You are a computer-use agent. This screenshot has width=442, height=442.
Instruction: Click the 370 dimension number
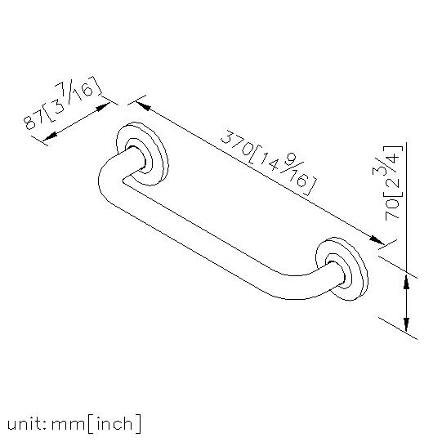pyautogui.click(x=236, y=143)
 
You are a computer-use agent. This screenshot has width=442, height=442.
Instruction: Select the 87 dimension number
pyautogui.click(x=33, y=118)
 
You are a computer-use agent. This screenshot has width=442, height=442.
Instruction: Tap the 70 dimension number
pyautogui.click(x=393, y=208)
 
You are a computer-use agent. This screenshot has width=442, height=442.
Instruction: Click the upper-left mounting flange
pyautogui.click(x=142, y=154)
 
